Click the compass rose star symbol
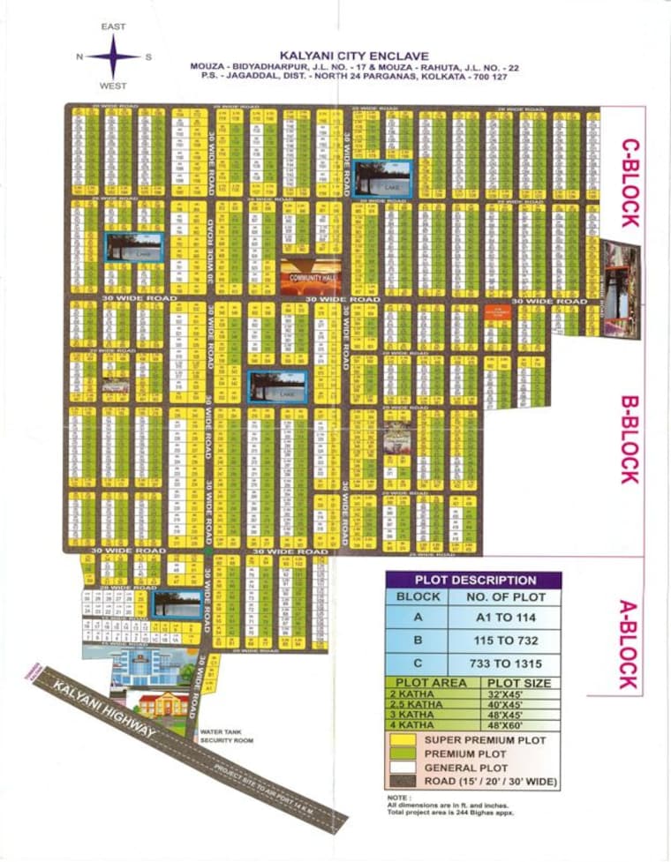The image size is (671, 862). tap(112, 56)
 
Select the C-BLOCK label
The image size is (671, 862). tap(630, 182)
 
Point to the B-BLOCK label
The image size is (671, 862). tap(628, 438)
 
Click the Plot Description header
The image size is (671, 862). tap(475, 581)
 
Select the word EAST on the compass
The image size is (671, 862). tap(112, 27)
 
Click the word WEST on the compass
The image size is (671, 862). tap(112, 86)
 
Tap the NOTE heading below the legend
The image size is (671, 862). tap(397, 796)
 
